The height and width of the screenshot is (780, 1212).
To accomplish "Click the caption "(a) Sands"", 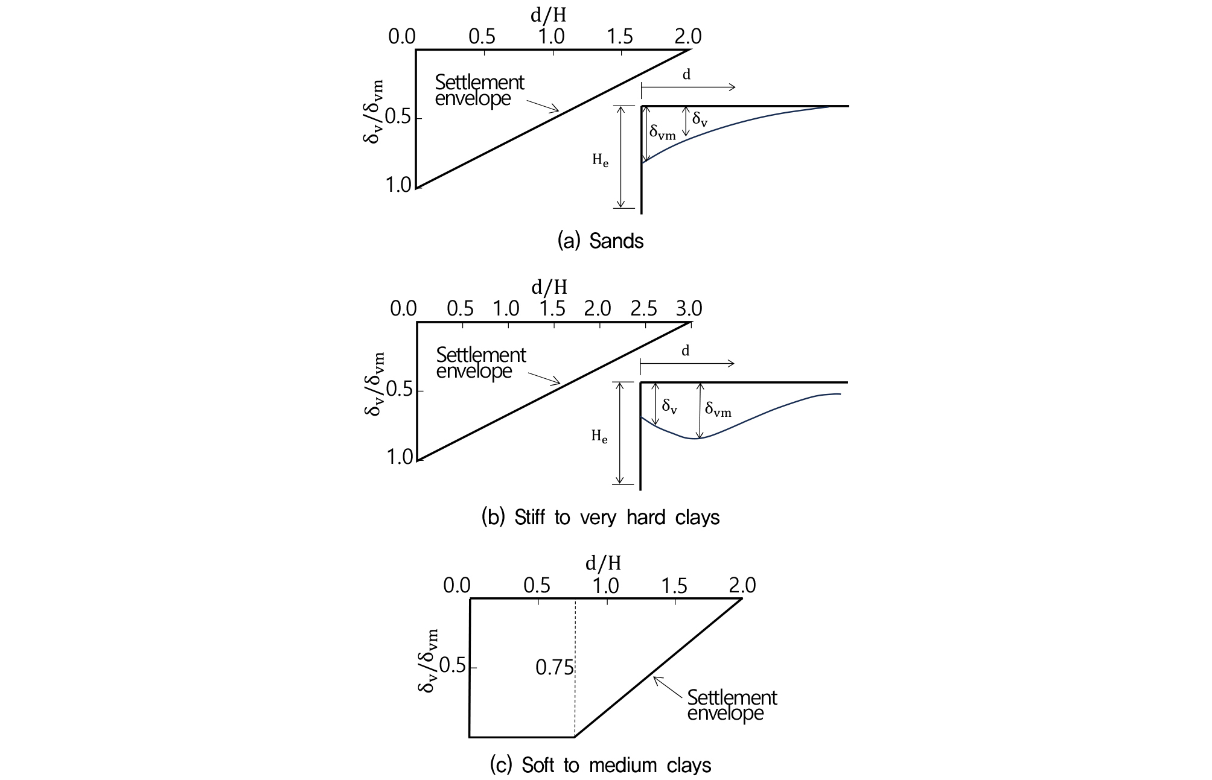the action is (x=601, y=241).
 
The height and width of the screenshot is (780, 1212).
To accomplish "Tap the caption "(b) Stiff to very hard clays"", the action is (x=601, y=518).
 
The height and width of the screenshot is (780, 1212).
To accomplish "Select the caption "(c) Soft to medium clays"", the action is (x=601, y=766).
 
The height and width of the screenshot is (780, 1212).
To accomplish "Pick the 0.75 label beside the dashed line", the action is (x=555, y=668).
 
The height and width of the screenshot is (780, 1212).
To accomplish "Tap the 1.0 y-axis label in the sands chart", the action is (x=398, y=185).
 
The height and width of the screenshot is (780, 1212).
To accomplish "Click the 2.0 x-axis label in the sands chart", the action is (x=688, y=37).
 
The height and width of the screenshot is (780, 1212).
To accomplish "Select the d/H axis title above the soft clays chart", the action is (x=603, y=563).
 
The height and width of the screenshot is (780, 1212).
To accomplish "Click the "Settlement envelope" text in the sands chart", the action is (x=479, y=90).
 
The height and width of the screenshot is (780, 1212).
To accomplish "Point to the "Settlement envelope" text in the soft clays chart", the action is (x=732, y=705).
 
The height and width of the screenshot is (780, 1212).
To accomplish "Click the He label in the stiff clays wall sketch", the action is (x=599, y=437).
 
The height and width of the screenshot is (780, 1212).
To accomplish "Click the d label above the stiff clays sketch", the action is (x=685, y=350).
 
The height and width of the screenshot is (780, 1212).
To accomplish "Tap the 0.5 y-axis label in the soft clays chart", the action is (x=453, y=667).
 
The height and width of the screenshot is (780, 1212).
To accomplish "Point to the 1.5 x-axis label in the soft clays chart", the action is (x=674, y=585).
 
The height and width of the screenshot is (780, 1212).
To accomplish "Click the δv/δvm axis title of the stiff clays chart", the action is (x=373, y=384).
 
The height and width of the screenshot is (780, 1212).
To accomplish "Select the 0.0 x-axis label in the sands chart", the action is (x=402, y=37).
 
